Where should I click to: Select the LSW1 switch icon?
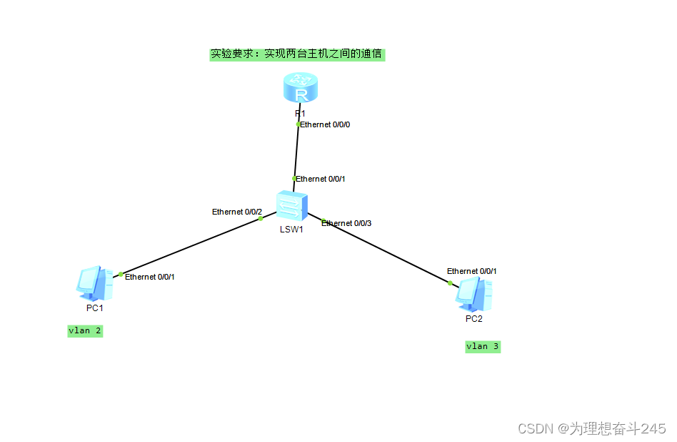pyautogui.click(x=292, y=206)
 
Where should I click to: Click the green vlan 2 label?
pyautogui.click(x=85, y=330)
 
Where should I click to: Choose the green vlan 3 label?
pyautogui.click(x=483, y=346)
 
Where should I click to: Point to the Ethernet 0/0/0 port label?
pyautogui.click(x=325, y=124)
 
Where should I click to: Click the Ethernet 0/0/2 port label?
pyautogui.click(x=237, y=212)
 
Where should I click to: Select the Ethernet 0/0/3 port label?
pyautogui.click(x=346, y=223)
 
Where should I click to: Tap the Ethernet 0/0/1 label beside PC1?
pyautogui.click(x=150, y=277)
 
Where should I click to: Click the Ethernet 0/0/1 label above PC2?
pyautogui.click(x=472, y=271)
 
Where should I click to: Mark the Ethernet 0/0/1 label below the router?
pyautogui.click(x=321, y=179)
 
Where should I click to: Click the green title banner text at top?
pyautogui.click(x=296, y=54)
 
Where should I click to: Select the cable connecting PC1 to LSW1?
pyautogui.click(x=189, y=246)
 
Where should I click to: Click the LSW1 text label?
pyautogui.click(x=291, y=230)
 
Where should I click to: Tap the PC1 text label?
pyautogui.click(x=95, y=308)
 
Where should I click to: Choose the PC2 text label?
pyautogui.click(x=474, y=318)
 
